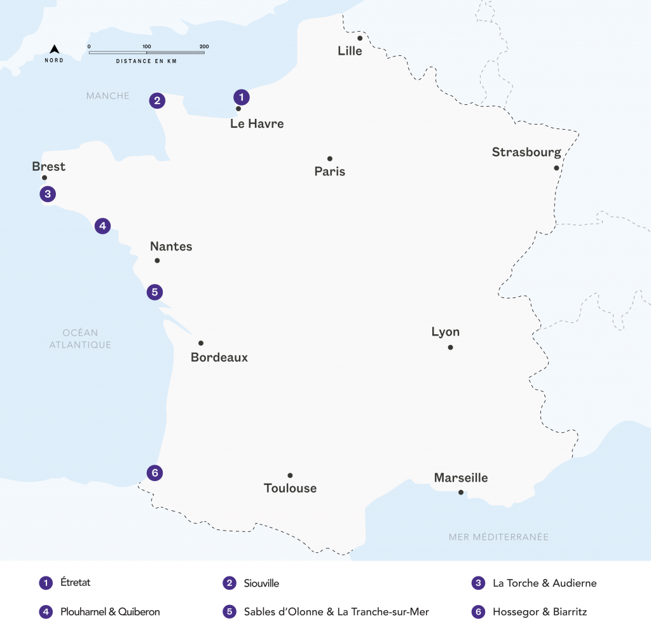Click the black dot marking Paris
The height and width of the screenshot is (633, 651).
330,159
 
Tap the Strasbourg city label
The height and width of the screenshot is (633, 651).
526,152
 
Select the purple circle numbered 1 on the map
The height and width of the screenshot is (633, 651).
241,97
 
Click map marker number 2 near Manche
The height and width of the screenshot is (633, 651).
157,100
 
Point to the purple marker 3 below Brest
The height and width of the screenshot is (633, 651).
46,194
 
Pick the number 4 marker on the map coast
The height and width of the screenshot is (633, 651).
103,226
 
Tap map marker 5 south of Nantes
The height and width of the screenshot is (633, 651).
154,292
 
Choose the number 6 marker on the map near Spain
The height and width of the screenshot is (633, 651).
154,473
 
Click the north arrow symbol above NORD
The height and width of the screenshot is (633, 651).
55,49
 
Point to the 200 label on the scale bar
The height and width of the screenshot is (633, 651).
203,46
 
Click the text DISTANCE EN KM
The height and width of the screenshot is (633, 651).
146,61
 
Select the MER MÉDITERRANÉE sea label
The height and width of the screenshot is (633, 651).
498,537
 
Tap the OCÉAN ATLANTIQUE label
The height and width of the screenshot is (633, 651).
80,339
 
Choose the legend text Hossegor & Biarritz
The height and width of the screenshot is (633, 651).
539,612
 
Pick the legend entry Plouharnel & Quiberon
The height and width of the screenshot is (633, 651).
109,612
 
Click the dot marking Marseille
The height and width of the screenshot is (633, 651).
461,492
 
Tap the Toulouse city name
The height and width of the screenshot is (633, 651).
290,488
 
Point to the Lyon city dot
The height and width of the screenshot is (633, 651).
450,347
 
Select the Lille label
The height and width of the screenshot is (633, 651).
350,51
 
